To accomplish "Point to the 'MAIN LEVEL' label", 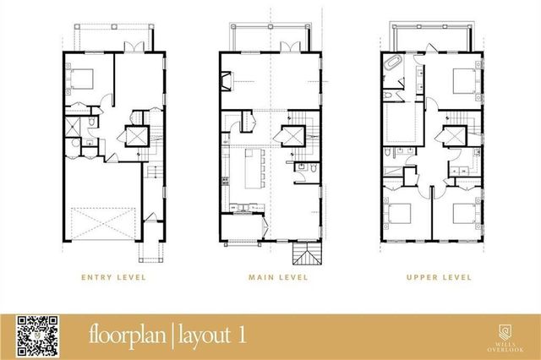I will (276, 276).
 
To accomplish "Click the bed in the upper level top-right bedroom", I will (462, 82).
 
